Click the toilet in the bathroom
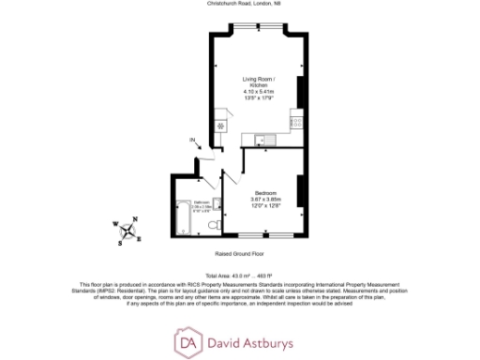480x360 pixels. [x=215, y=226]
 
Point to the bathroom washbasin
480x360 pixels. [x=216, y=202]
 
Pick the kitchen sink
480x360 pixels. [x=262, y=141]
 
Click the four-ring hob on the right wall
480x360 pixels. [x=296, y=120]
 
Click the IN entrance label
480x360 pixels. [x=193, y=142]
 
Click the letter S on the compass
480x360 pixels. [x=120, y=243]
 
